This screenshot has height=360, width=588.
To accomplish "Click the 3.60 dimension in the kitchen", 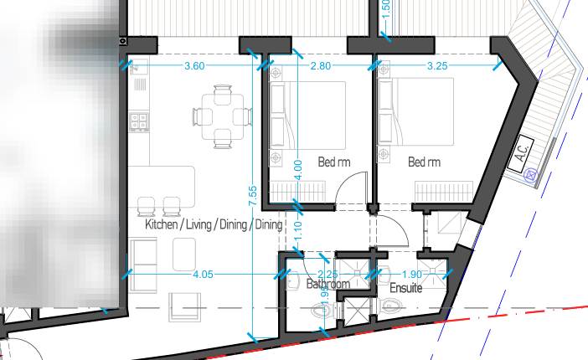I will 194,65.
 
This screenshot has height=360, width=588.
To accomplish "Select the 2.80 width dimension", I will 319,65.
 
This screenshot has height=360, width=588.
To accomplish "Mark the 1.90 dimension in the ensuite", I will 411,274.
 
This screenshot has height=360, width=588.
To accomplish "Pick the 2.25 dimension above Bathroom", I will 328,274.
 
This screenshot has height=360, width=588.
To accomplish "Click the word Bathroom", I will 328,285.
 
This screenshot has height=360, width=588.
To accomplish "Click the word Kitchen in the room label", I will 161,225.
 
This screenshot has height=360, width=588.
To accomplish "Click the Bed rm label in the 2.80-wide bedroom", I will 333,162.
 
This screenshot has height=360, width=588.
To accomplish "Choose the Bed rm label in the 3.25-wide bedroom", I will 424,162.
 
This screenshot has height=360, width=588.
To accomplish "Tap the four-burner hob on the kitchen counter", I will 139,121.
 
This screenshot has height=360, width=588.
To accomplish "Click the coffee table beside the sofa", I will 184,253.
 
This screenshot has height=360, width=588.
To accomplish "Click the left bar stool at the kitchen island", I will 146,205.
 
